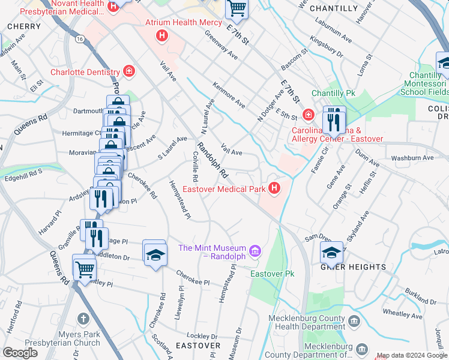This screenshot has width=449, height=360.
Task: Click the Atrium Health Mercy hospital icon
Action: coord(161,36)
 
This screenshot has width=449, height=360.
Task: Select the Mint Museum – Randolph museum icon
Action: coord(255,249)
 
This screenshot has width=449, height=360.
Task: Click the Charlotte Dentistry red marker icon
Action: coord(128,72)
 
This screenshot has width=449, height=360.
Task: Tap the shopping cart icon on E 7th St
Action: coord(237,8)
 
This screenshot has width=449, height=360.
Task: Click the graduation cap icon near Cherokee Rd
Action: coord(155,254)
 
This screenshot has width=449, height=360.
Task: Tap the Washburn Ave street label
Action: coord(412,158)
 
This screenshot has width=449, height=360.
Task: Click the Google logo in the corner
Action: coord(20,353)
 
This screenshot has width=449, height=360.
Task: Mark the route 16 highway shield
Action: coord(80,38)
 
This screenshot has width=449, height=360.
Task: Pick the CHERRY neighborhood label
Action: coord(24,26)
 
